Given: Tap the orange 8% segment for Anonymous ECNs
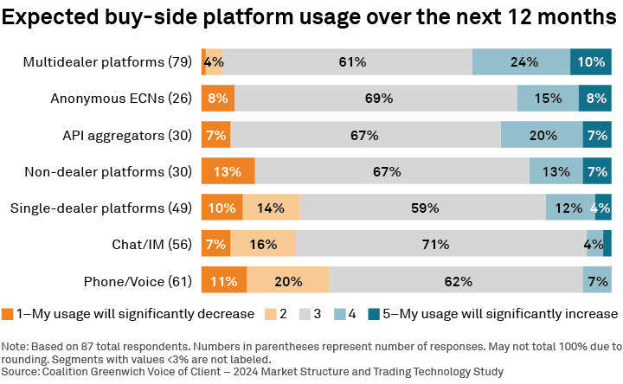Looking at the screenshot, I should pos(217,99).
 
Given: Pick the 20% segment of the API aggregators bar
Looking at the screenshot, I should pos(542,135).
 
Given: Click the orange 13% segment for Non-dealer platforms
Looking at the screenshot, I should pos(228,171).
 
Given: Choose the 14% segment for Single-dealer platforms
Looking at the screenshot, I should pos(271,208).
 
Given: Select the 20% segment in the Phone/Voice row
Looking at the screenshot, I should pos(287,281).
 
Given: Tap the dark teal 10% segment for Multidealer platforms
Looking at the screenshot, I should pos(591,62).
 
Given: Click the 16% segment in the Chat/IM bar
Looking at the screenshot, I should pos(263,245).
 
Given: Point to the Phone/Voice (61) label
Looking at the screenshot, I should pos(138,281).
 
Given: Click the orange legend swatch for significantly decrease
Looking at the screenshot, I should pos(8,313).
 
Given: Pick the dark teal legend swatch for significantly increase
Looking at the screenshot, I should pos(375,313).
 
